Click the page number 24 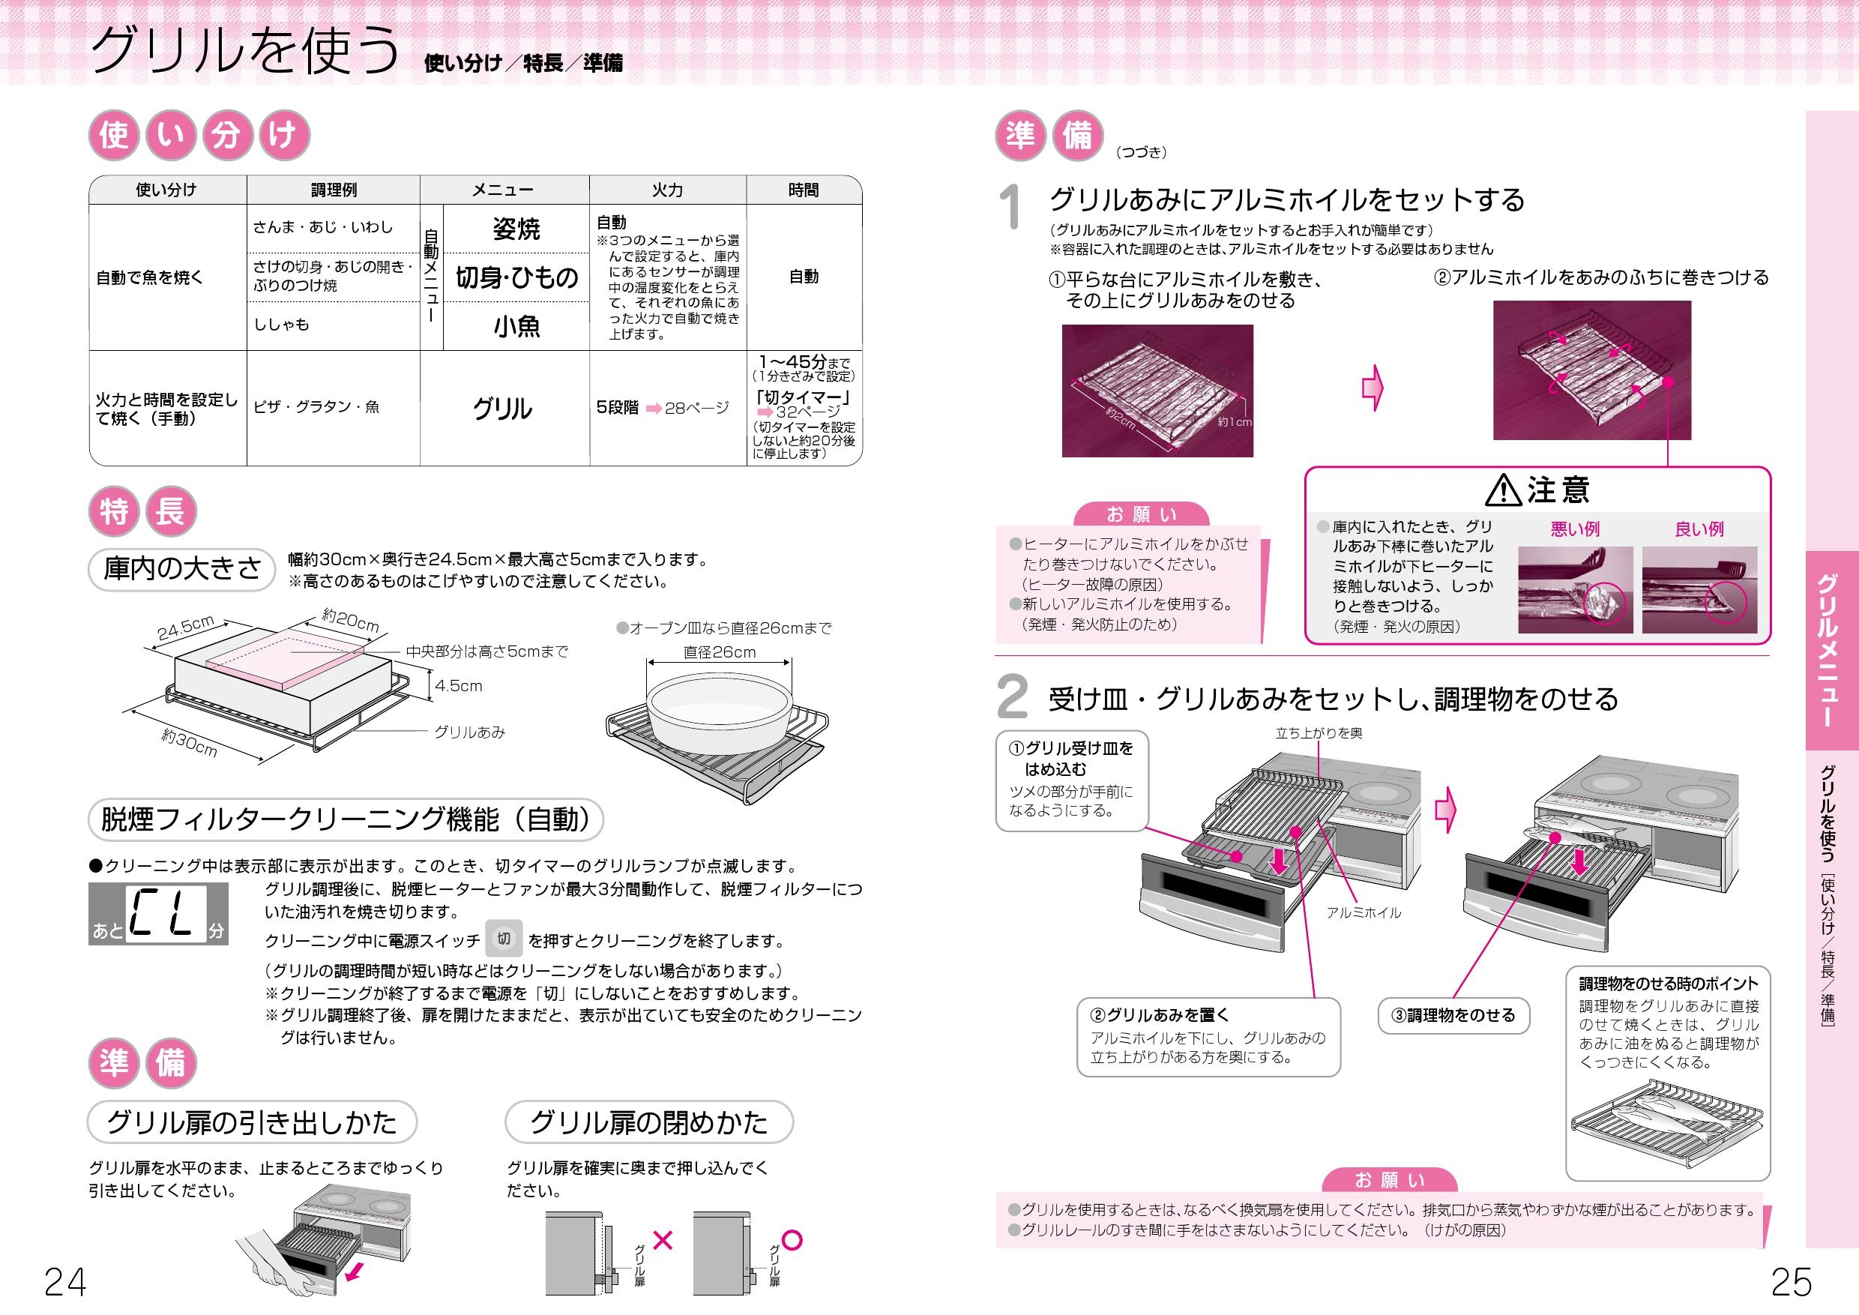click(64, 1282)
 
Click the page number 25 click(1791, 1282)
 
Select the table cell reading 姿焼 click(516, 229)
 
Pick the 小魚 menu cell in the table click(516, 326)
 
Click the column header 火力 click(667, 190)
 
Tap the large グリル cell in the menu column click(503, 409)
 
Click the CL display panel click(159, 913)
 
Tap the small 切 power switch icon click(504, 939)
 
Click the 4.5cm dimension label click(458, 686)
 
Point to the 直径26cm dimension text click(719, 652)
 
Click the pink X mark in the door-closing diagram click(663, 1240)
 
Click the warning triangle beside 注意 click(1504, 490)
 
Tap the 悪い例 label click(1575, 529)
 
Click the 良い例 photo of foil click(1699, 589)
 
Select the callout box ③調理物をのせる click(1453, 1015)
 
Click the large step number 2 click(1012, 698)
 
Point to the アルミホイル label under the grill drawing click(1364, 912)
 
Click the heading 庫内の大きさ click(181, 569)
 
